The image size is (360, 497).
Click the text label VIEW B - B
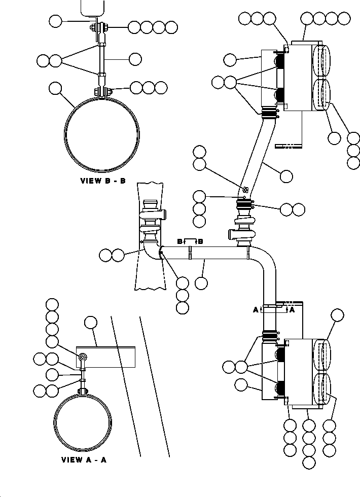102,181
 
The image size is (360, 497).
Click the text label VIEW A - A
84,460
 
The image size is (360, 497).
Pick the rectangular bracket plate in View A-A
106,357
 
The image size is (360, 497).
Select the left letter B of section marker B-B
179,241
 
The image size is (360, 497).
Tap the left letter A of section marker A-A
256,309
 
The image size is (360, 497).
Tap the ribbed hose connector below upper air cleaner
270,112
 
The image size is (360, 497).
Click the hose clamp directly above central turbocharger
244,205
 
